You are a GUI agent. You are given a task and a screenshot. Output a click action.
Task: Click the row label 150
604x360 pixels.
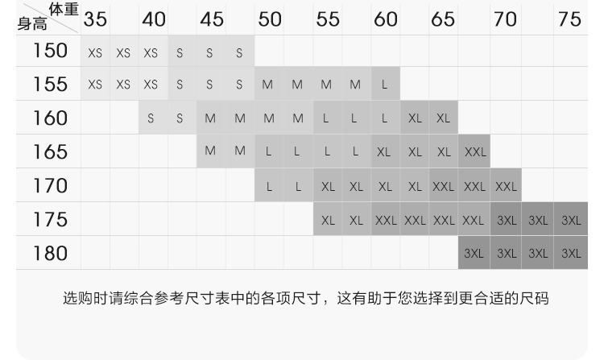50,51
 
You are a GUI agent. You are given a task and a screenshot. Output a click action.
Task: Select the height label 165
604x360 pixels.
50,151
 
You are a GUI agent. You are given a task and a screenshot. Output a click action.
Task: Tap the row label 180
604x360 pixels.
50,254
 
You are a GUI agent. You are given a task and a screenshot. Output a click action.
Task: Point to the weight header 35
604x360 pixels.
95,19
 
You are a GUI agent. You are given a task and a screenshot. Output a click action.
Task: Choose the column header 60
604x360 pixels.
386,19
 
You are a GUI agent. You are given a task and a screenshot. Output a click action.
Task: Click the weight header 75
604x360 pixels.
569,19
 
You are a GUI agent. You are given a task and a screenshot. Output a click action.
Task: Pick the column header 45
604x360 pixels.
212,19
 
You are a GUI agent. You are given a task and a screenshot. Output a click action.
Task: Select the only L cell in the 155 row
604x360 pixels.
385,84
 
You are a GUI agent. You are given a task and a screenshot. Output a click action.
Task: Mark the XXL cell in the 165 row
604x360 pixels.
474,151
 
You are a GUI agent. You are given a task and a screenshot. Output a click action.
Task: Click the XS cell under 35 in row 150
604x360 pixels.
95,54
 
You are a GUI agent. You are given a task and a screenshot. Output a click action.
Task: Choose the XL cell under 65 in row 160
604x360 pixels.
444,118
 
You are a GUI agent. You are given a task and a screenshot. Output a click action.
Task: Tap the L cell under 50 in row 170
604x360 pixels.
269,186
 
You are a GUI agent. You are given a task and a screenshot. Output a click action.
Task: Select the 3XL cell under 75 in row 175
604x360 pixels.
570,220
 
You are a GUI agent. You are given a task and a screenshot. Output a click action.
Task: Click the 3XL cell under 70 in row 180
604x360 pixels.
507,253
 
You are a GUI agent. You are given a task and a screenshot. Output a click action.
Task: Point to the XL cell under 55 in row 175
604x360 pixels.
327,220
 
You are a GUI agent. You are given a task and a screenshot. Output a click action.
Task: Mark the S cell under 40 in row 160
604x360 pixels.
151,118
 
